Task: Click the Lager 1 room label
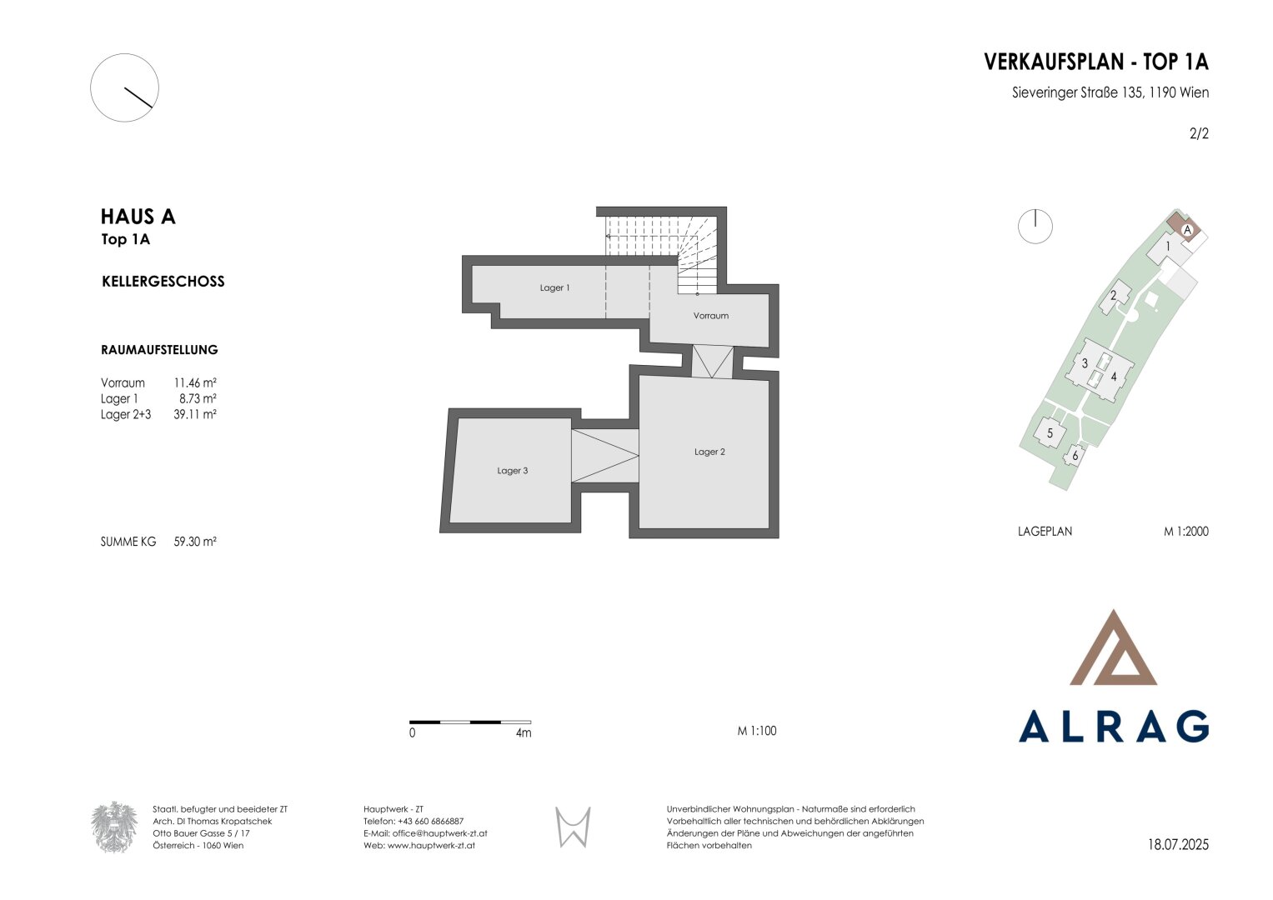(x=554, y=288)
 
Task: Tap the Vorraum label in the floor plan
(x=710, y=316)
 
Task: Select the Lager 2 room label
(x=709, y=452)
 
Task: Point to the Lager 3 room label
(x=512, y=471)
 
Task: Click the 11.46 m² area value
(x=195, y=383)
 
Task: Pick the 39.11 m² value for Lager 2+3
(x=195, y=414)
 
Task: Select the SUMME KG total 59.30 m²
(x=195, y=542)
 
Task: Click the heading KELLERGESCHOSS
(x=163, y=282)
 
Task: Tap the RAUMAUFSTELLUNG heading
(x=160, y=350)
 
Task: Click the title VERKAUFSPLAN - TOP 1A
(x=1096, y=62)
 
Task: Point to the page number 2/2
(x=1199, y=133)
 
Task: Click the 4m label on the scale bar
(x=524, y=733)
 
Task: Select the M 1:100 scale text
(x=757, y=732)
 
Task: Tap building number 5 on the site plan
(x=1050, y=433)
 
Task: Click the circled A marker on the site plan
(x=1187, y=230)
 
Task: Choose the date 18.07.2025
(x=1178, y=845)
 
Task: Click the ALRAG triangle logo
(x=1113, y=647)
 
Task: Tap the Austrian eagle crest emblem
(x=114, y=827)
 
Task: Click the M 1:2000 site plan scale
(x=1186, y=532)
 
